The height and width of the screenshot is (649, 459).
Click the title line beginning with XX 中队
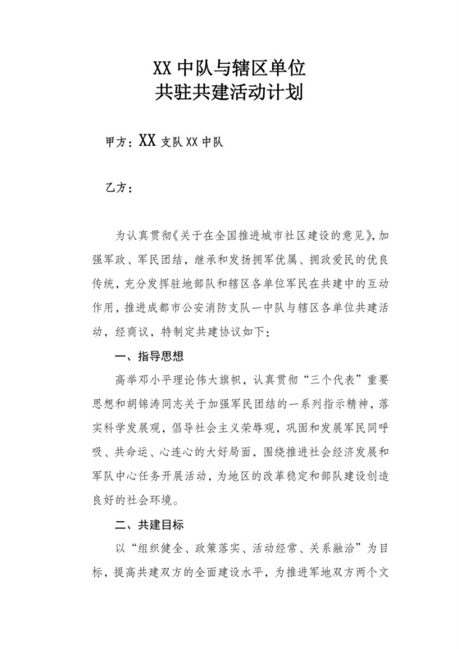229,65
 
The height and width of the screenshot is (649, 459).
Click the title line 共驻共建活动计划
229,92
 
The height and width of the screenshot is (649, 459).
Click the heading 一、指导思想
148,357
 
